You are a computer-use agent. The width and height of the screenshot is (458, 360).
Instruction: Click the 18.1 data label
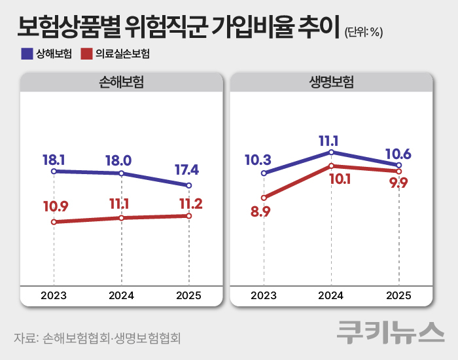(x=53, y=159)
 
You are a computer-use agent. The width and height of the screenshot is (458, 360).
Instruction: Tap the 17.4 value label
(x=186, y=170)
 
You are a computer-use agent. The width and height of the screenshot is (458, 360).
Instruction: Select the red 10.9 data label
(x=56, y=207)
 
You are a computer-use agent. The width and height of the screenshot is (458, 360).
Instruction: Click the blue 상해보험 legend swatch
(x=27, y=54)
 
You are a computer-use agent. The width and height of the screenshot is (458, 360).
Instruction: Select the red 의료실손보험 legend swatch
(x=86, y=54)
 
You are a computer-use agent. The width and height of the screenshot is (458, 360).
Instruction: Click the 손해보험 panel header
(x=121, y=82)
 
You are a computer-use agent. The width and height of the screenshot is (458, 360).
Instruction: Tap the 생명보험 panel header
(x=332, y=82)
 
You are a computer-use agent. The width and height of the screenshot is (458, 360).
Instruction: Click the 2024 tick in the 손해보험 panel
(x=121, y=295)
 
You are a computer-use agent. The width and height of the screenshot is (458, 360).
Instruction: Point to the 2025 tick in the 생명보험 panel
(x=398, y=295)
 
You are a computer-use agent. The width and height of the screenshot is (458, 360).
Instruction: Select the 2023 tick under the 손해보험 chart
(x=54, y=295)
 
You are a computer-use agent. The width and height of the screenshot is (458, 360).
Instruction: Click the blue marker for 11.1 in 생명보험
(x=332, y=153)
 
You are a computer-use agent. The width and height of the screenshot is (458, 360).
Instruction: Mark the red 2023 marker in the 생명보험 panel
(x=264, y=198)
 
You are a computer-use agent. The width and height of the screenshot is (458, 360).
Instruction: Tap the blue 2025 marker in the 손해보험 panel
(x=189, y=185)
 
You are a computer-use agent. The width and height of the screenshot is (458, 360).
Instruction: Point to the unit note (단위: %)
(x=362, y=32)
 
